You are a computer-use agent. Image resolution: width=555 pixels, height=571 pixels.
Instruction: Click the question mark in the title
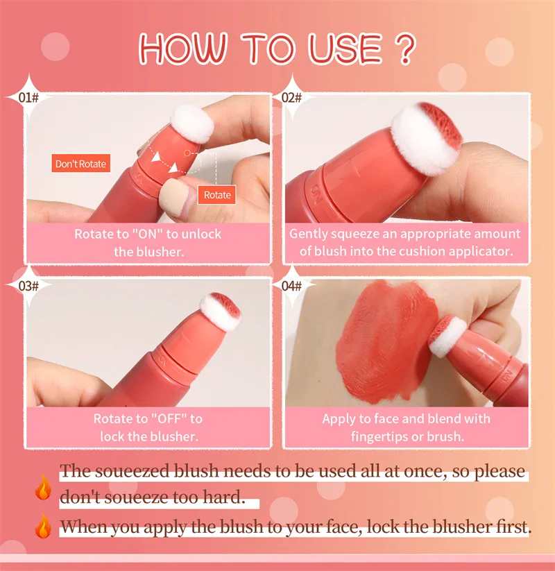pos(404,49)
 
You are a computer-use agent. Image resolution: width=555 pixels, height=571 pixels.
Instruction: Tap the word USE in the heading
pos(345,49)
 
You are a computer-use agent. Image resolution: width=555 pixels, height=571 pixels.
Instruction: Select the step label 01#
pos(28,98)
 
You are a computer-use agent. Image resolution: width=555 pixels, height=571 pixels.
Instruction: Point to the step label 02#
pos(291,98)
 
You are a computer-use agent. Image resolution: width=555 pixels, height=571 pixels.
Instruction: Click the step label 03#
pos(28,286)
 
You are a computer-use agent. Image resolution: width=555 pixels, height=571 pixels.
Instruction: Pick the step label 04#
pos(291,286)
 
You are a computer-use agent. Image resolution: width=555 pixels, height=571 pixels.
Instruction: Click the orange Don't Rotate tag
pos(81,164)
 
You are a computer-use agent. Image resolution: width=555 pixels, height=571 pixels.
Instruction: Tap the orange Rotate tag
pos(217,195)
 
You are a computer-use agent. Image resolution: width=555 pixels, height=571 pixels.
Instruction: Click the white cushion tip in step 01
pos(192,123)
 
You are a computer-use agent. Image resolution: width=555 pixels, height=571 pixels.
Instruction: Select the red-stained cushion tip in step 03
pos(221,312)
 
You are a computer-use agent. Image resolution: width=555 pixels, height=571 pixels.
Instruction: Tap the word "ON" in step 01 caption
pos(147,234)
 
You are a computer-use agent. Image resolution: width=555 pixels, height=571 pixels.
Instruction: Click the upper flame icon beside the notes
pos(43,487)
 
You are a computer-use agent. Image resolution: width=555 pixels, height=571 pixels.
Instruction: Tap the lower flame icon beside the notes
pos(43,525)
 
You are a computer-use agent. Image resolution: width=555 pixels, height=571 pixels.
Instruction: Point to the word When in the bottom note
pos(83,527)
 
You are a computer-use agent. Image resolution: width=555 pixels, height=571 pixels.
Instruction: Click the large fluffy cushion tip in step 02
pos(427,137)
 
